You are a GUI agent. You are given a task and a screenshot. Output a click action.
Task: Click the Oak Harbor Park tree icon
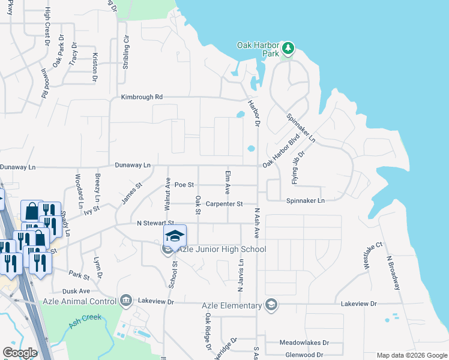(x=288, y=47)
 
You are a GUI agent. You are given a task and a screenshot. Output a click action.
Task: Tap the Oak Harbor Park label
(x=258, y=49)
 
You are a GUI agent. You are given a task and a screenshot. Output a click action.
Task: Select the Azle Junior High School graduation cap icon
(x=175, y=236)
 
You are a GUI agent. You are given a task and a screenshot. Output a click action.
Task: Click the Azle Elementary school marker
(x=271, y=305)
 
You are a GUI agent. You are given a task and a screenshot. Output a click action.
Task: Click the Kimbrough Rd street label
(x=142, y=97)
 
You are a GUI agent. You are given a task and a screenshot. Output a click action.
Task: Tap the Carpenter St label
(x=223, y=204)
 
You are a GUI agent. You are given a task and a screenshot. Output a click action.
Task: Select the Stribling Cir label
(x=126, y=52)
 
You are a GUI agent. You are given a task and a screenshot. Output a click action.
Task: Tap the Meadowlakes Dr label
(x=304, y=343)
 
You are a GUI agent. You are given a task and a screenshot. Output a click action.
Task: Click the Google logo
(x=20, y=353)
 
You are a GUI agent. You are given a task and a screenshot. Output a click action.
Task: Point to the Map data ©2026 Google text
(x=411, y=355)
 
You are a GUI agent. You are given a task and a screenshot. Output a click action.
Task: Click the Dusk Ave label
(x=76, y=291)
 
